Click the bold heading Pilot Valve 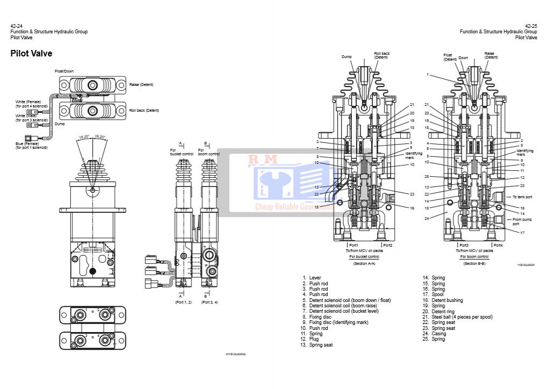[x=31, y=54]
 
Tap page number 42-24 [x=16, y=26]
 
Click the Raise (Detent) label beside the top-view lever [x=141, y=84]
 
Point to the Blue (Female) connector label [x=28, y=143]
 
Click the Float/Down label [x=64, y=71]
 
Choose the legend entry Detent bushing [x=447, y=300]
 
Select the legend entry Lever [x=315, y=278]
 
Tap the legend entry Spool [x=438, y=294]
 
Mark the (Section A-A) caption [x=364, y=263]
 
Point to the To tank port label [x=522, y=197]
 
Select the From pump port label [x=522, y=221]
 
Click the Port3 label [x=464, y=246]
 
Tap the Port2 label [x=387, y=246]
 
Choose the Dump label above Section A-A [x=346, y=56]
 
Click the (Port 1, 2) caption [x=183, y=302]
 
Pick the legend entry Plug [x=314, y=339]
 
